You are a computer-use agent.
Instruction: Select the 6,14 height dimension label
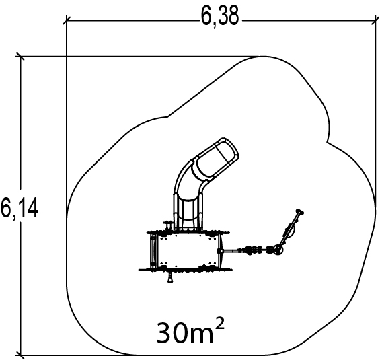[20, 208]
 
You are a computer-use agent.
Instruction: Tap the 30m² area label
[190, 330]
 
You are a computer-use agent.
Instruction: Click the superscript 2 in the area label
[219, 324]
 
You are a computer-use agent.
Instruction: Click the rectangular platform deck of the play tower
[188, 250]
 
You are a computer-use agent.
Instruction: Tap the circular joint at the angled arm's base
[278, 249]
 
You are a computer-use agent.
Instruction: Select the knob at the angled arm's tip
[300, 212]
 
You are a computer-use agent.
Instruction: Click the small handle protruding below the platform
[170, 277]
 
